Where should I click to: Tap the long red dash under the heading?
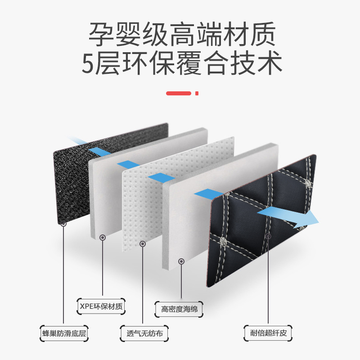point(179,93)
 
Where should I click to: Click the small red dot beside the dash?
point(197,93)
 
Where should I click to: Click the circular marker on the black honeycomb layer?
point(63,224)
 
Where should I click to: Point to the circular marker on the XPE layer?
point(103,237)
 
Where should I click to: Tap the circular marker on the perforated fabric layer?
point(143,243)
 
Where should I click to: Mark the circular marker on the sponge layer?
point(181,261)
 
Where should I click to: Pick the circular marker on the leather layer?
point(269,235)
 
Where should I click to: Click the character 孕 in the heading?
point(99,33)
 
